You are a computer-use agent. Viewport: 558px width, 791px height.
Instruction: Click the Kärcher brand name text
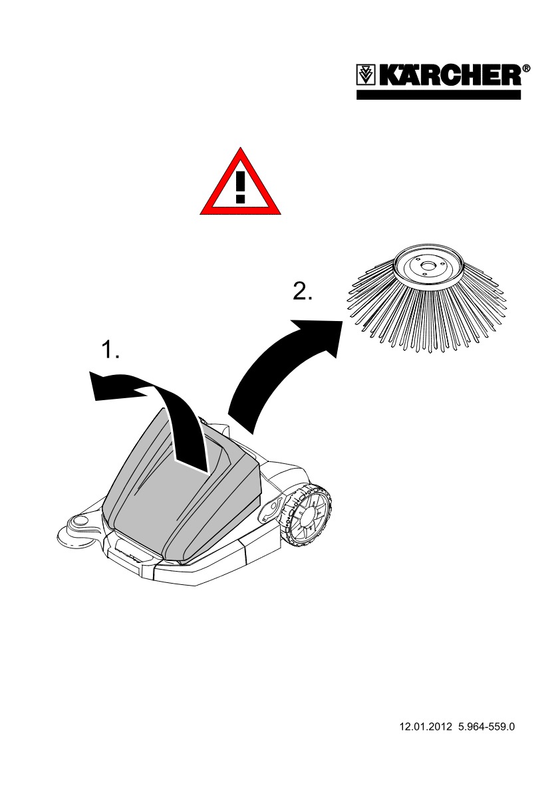click(450, 75)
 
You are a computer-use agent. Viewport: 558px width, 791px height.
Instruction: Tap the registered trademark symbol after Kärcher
click(527, 68)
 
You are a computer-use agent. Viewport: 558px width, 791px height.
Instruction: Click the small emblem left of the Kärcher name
click(366, 75)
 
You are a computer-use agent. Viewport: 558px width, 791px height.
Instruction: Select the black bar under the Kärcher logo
click(440, 94)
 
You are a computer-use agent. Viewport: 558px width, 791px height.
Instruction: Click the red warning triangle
click(240, 185)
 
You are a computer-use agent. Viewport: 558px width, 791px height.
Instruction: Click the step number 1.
click(110, 350)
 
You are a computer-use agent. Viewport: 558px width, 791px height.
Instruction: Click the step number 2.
click(303, 292)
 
